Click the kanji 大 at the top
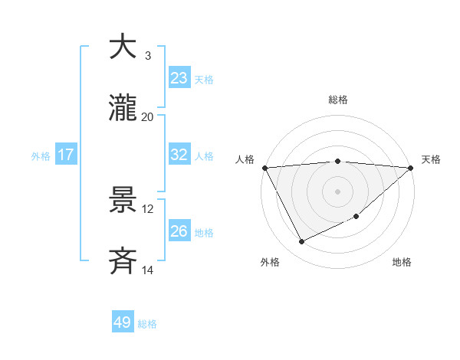[x=123, y=47]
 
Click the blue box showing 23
[x=179, y=78]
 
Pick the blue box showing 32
[x=179, y=155]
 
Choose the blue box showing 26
[x=179, y=231]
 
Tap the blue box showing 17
[x=66, y=155]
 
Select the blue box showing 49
[x=123, y=322]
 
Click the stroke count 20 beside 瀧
[x=148, y=116]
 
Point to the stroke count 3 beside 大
[x=147, y=55]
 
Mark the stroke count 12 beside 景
[x=148, y=208]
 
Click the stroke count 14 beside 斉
[x=148, y=270]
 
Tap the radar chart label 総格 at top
[x=337, y=100]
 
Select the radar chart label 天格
[x=431, y=159]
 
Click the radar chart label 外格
[x=270, y=262]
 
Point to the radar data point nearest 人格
[x=264, y=168]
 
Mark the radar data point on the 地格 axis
[x=357, y=216]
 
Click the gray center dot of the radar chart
[x=337, y=191]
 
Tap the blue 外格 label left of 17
[x=41, y=155]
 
